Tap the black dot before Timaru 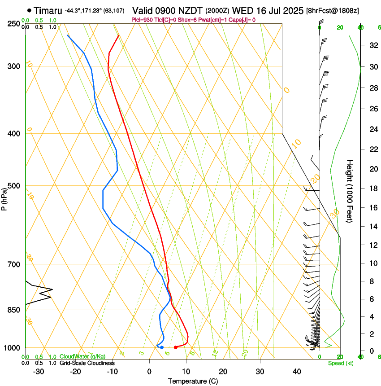pyautogui.click(x=30, y=10)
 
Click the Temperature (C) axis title pyautogui.click(x=193, y=381)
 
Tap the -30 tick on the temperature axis pyautogui.click(x=38, y=372)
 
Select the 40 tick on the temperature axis pyautogui.click(x=296, y=372)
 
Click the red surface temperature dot pyautogui.click(x=176, y=347)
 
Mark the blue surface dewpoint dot pyautogui.click(x=162, y=347)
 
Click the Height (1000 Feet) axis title pyautogui.click(x=350, y=191)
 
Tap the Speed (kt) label pyautogui.click(x=340, y=363)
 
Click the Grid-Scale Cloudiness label pyautogui.click(x=86, y=363)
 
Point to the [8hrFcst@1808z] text pyautogui.click(x=332, y=10)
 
